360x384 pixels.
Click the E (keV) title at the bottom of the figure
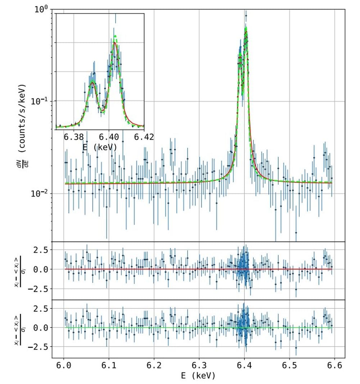[x=199, y=376]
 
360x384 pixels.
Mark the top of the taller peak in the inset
[x=115, y=43]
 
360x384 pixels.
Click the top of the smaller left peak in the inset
[x=93, y=82]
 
